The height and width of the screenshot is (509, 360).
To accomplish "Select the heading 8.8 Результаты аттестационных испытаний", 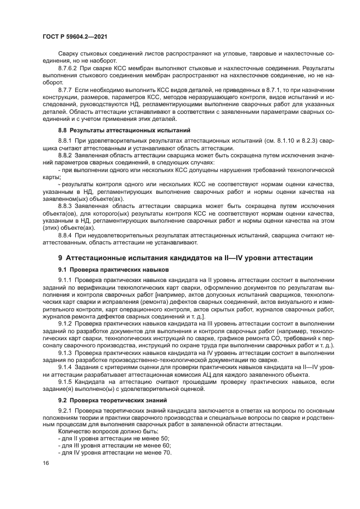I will point(124,130).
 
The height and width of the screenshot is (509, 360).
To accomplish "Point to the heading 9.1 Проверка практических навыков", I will point(114,269).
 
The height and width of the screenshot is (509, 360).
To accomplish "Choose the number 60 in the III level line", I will point(166,445).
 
